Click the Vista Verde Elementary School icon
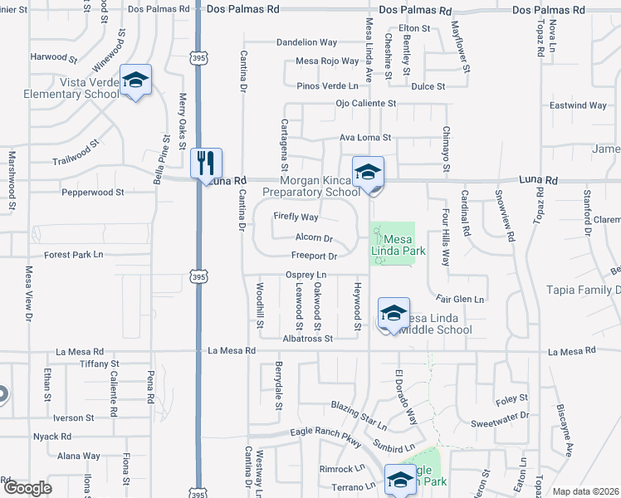tap(135, 80)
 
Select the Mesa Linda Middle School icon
tap(394, 313)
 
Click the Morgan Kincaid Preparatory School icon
tap(368, 172)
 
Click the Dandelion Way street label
tap(306, 42)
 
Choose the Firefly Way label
tap(296, 217)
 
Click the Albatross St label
tap(306, 339)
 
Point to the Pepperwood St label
tap(93, 192)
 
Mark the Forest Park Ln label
tap(74, 254)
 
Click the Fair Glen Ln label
tap(460, 298)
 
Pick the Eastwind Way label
tap(578, 105)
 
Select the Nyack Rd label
tap(52, 437)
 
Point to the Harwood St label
tap(53, 59)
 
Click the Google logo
tap(27, 488)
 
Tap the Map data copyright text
tap(586, 491)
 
